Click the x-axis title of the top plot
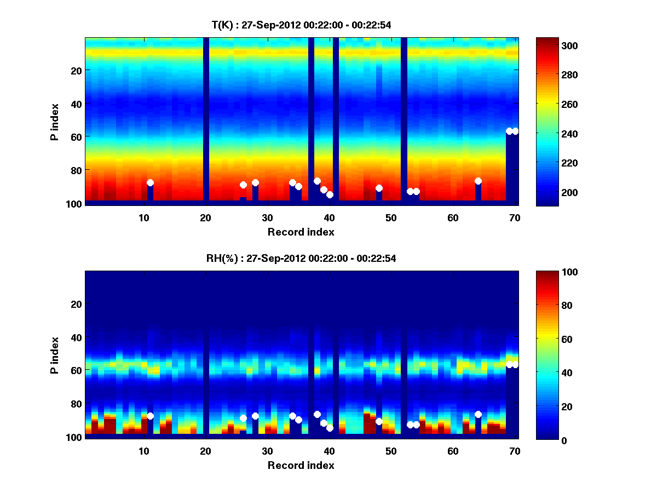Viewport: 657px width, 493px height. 301,232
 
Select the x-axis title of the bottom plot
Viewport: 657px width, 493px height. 301,465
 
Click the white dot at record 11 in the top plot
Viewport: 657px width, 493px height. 150,182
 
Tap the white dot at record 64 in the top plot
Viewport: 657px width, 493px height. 478,181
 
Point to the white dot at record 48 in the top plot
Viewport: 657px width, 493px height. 379,188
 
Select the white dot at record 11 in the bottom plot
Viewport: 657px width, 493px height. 150,416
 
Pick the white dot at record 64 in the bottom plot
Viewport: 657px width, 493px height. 478,414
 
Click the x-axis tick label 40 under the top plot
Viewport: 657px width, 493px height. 329,217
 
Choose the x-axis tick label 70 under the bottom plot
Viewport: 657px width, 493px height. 515,451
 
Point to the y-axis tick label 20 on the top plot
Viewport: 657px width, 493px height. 76,71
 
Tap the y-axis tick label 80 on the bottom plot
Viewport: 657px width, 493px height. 76,404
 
